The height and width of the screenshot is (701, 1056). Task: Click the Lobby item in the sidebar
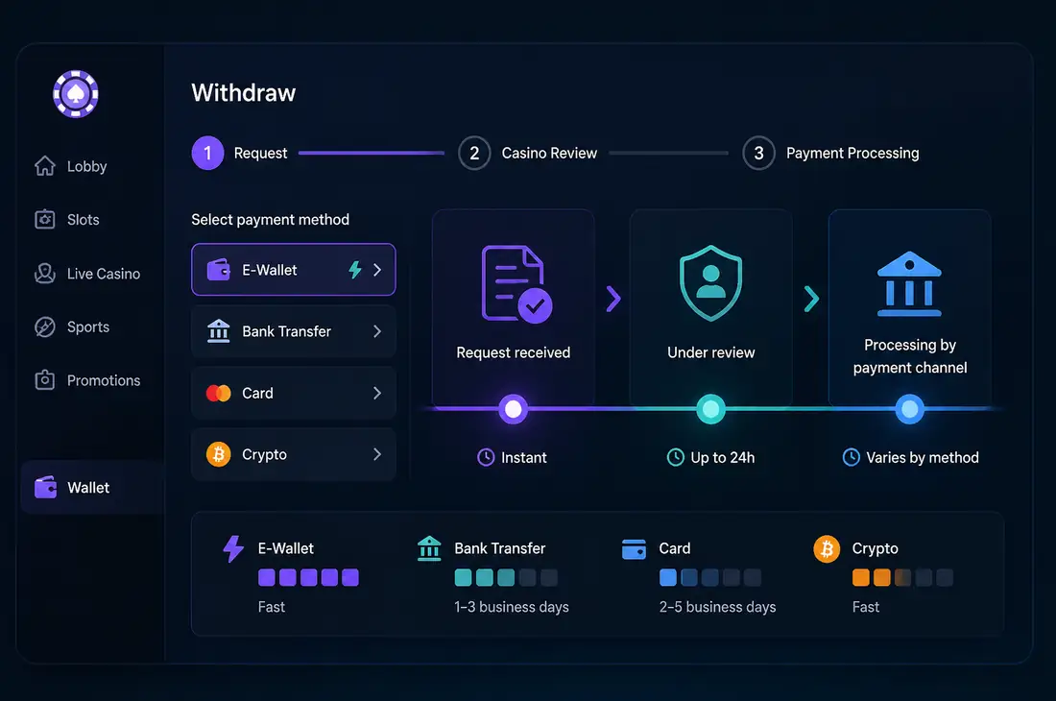71,166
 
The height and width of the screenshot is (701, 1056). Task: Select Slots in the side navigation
66,220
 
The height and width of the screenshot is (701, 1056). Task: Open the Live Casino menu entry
87,274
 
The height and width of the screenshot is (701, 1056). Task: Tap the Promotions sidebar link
87,380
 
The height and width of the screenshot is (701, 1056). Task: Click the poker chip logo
76,94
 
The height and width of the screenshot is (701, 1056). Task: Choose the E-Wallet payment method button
294,269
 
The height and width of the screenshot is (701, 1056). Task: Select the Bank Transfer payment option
294,331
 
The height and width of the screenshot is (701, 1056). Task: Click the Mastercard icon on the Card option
218,393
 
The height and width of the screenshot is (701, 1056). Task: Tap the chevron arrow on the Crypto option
377,454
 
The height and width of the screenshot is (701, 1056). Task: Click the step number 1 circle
207,154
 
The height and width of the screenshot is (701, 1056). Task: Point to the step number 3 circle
759,154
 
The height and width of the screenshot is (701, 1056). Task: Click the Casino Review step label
549,154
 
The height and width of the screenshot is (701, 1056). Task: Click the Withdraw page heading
244,93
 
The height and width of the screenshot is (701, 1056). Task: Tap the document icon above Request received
516,283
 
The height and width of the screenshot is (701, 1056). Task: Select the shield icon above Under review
710,283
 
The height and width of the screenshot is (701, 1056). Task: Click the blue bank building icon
909,283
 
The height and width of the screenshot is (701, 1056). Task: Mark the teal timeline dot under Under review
710,409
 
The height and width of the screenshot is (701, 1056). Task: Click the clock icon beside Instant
486,457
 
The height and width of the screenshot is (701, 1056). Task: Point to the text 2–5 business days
717,607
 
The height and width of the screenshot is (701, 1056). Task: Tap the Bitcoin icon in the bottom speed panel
827,549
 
